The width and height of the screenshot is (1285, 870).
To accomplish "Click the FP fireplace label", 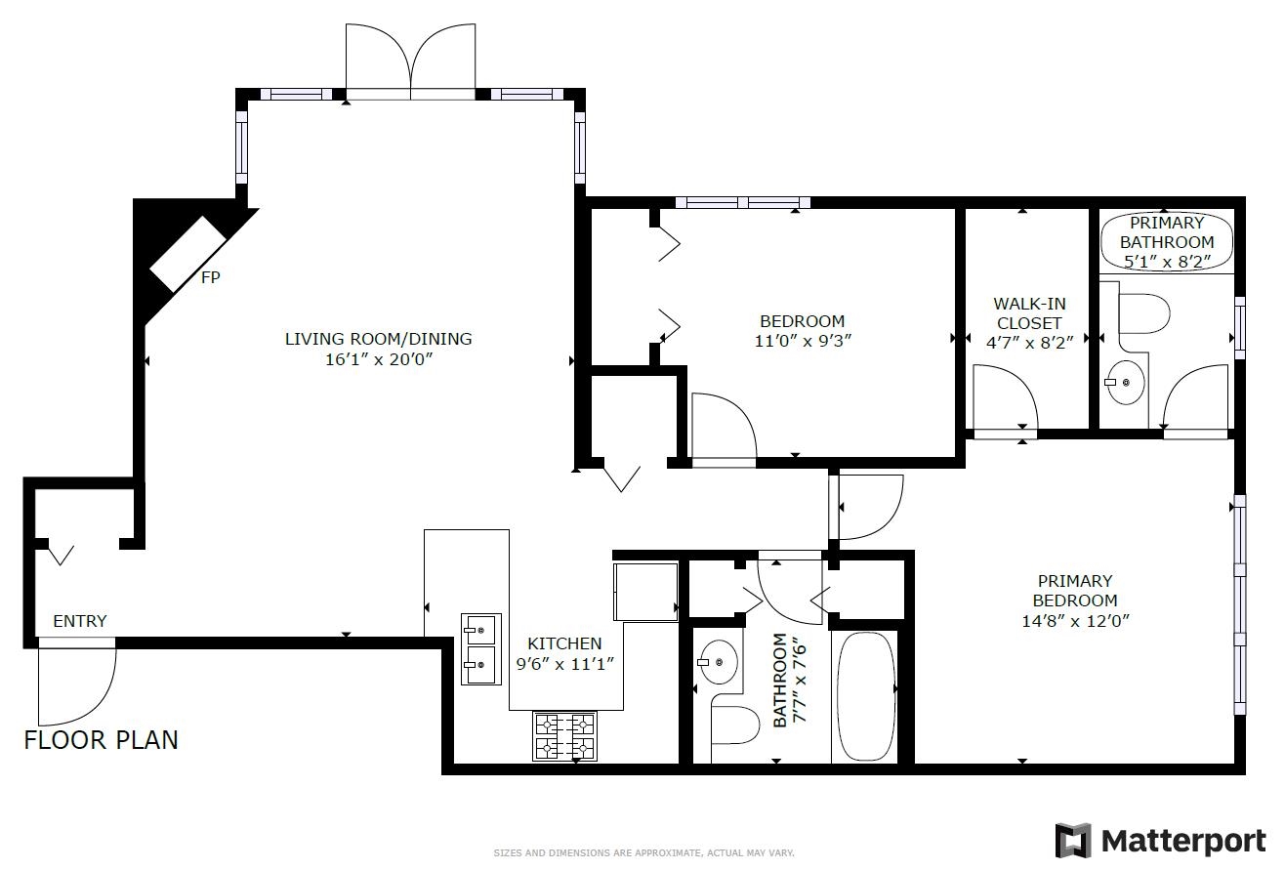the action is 211,277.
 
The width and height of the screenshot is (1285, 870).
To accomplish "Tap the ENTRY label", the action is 80,621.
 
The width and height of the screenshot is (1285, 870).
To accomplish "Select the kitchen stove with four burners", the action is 564,736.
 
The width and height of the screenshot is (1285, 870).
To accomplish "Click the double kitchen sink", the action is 481,648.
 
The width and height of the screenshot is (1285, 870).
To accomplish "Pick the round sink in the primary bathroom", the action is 1125,382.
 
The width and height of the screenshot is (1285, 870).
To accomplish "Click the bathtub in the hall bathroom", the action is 866,696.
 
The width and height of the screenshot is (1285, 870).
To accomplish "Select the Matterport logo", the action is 1161,841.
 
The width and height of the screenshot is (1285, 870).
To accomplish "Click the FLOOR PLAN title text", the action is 101,740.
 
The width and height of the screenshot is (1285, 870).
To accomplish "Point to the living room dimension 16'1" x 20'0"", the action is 379,359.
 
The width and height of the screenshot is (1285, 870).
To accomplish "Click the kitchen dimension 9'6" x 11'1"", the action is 565,664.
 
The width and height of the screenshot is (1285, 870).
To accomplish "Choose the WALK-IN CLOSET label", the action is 1030,313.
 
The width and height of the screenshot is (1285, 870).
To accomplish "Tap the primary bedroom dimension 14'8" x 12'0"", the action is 1076,621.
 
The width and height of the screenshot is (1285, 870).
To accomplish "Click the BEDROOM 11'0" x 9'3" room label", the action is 803,331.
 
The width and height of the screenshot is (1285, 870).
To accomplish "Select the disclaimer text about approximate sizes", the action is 643,852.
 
